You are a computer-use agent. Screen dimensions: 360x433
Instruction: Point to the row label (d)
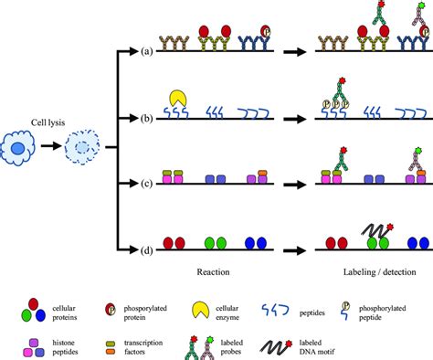(146, 224)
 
